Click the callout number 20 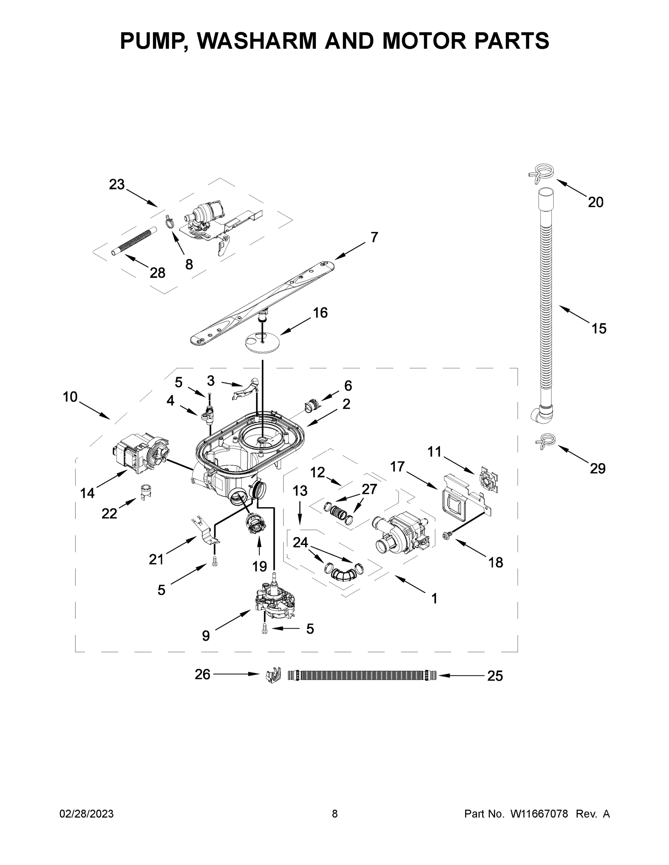pos(595,203)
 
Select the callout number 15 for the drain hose pos(599,328)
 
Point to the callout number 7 pos(374,237)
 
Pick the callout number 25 pos(494,676)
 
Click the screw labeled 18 pos(446,536)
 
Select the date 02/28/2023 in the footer pos(87,814)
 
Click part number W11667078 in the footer pos(539,814)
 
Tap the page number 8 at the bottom pos(335,814)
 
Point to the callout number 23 pos(116,184)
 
